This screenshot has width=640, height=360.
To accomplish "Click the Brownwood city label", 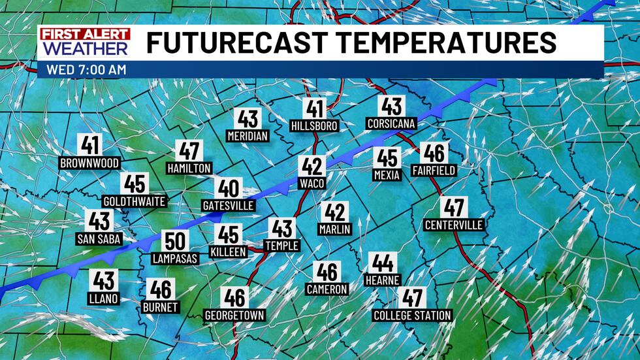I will pos(89,163).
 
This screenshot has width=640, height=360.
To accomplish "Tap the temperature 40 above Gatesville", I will pos(228,189).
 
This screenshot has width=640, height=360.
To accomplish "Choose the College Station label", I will pos(412,316).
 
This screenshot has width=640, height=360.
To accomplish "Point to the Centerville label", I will pos(454,225).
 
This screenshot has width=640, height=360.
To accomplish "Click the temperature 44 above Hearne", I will pos(383,263).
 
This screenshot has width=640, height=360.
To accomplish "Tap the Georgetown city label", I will pos(234,315).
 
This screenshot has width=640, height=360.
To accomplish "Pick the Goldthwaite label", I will pos(135,201).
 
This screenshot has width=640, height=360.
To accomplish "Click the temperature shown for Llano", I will pos(104,281).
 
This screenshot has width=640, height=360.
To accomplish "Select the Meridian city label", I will pos(248,136).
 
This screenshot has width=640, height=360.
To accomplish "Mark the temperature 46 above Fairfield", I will pos(434,154).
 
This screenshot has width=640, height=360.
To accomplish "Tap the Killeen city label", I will pos(229,252).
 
